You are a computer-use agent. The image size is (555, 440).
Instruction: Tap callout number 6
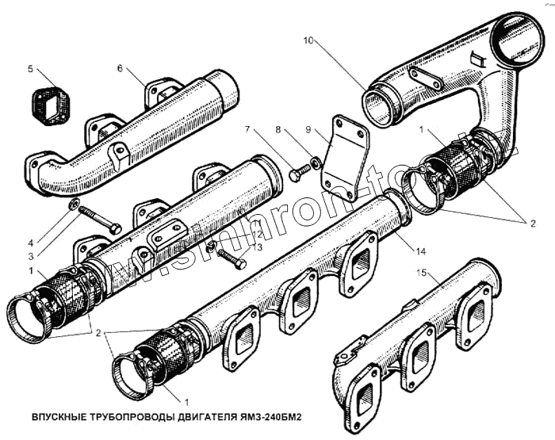click(120, 69)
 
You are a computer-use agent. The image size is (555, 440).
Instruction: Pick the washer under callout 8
click(316, 163)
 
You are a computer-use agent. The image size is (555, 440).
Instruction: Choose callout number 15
click(423, 274)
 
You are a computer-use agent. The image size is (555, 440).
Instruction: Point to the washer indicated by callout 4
click(74, 206)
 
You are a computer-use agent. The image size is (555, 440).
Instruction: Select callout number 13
click(258, 247)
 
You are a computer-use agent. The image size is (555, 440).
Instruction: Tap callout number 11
click(258, 224)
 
